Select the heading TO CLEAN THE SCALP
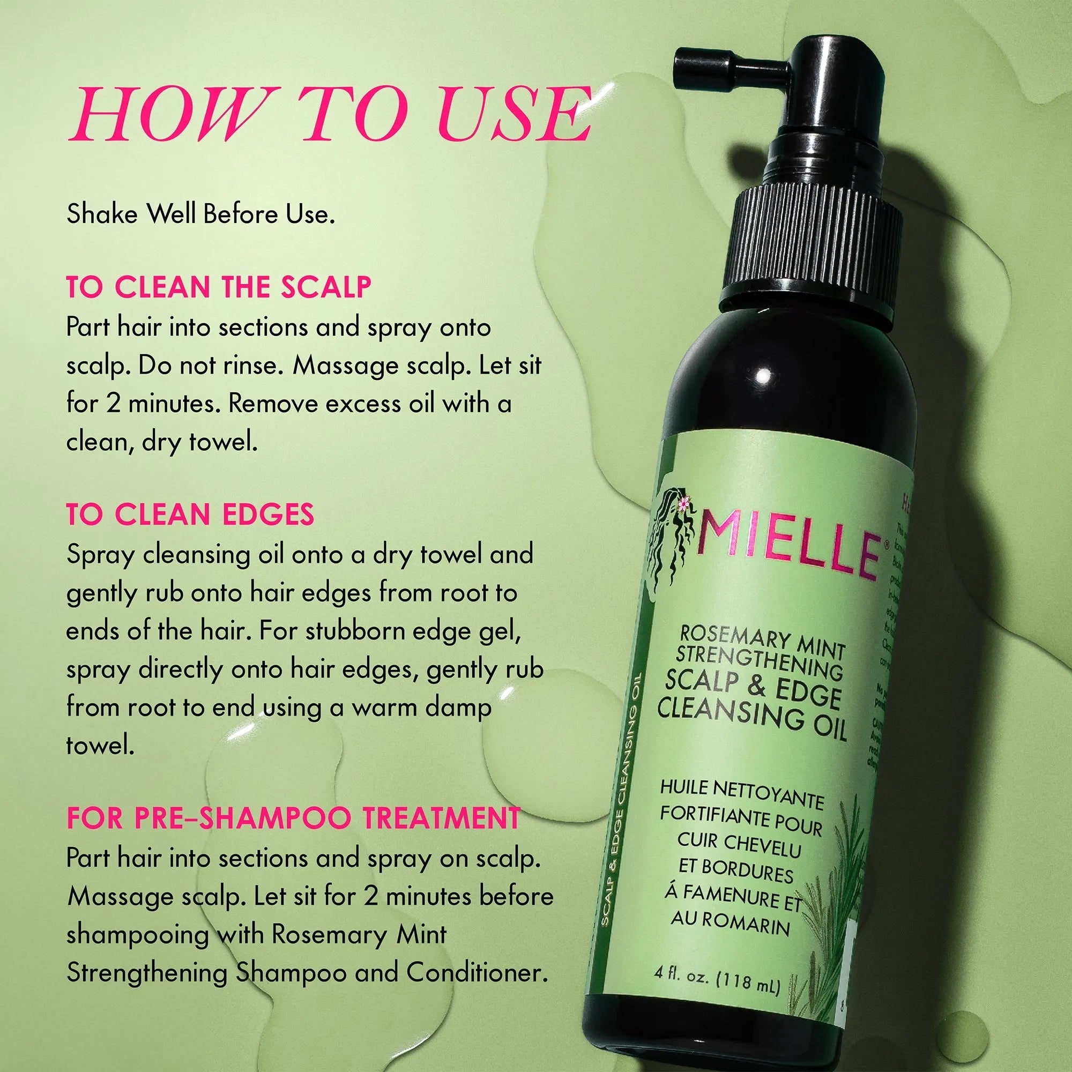pyautogui.click(x=219, y=287)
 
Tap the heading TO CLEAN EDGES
pyautogui.click(x=190, y=514)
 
